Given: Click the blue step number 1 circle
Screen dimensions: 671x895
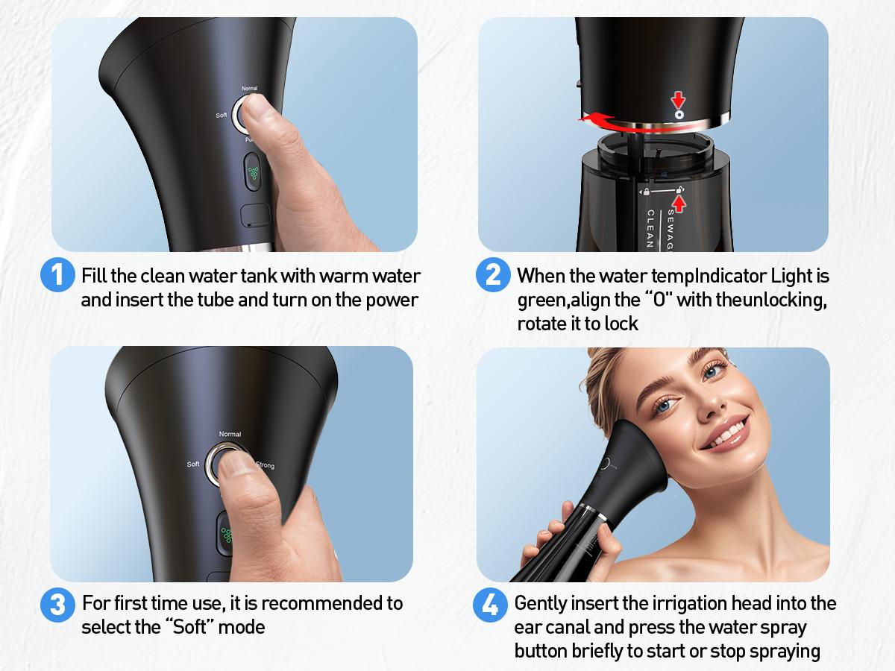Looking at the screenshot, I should coord(57,275).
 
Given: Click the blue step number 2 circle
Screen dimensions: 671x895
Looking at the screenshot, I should coord(492,275).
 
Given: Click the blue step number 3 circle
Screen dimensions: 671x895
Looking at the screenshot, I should coord(57,604).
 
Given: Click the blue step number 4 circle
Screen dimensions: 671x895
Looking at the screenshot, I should coord(491,604).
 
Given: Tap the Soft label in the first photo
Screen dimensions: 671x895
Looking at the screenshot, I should coord(222,116).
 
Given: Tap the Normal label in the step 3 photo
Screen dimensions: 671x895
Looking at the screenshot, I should coord(230,434).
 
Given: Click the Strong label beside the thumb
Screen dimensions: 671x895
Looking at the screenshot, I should coord(265,465).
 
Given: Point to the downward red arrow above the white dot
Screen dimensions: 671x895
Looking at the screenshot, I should coord(679,100).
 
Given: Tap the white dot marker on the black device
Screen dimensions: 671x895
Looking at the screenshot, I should coord(679,116).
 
